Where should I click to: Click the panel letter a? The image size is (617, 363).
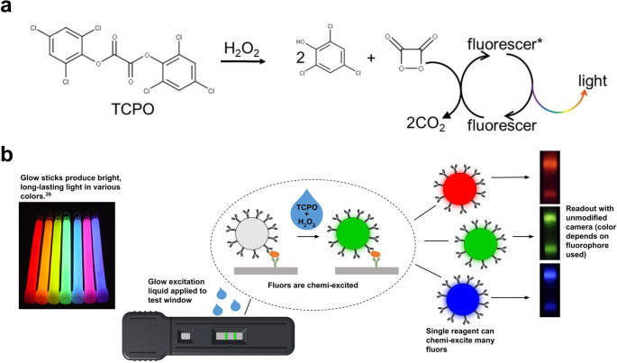coord(9,11)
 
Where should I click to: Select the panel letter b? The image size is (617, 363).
coord(9,153)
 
